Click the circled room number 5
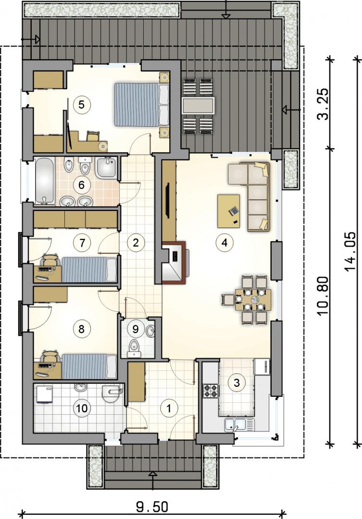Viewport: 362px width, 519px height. pos(82,105)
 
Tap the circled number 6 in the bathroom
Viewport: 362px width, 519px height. pos(81,185)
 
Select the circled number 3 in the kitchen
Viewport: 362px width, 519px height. pos(237,383)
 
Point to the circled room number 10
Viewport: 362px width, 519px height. pos(82,408)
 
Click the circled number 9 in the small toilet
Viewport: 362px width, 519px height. pos(135,329)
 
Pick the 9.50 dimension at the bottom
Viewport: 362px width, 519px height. pos(152,507)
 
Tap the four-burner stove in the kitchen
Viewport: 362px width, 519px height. pos(211,391)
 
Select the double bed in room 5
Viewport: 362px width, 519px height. pos(141,104)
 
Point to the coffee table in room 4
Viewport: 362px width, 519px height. pos(229,211)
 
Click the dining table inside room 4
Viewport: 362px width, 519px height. pos(253,299)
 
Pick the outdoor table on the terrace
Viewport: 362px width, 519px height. pos(199,106)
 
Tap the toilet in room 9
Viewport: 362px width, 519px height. pos(134,347)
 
